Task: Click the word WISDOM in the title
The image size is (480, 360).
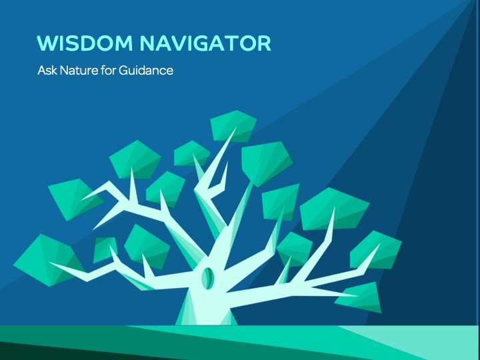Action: coord(85,43)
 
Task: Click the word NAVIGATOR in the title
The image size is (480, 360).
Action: coord(205,43)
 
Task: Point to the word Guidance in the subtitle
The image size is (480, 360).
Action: coord(146,71)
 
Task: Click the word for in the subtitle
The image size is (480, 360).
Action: coord(109,71)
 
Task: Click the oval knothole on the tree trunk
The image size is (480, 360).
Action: coord(207,278)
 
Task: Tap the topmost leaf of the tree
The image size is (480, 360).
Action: coord(233,126)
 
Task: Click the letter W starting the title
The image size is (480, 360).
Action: coord(47,43)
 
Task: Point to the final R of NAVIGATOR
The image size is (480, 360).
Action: coord(265,43)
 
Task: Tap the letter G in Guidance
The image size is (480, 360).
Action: coord(123,71)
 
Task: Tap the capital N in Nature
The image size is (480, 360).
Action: coord(64,71)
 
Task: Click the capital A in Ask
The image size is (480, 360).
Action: coord(42,71)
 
